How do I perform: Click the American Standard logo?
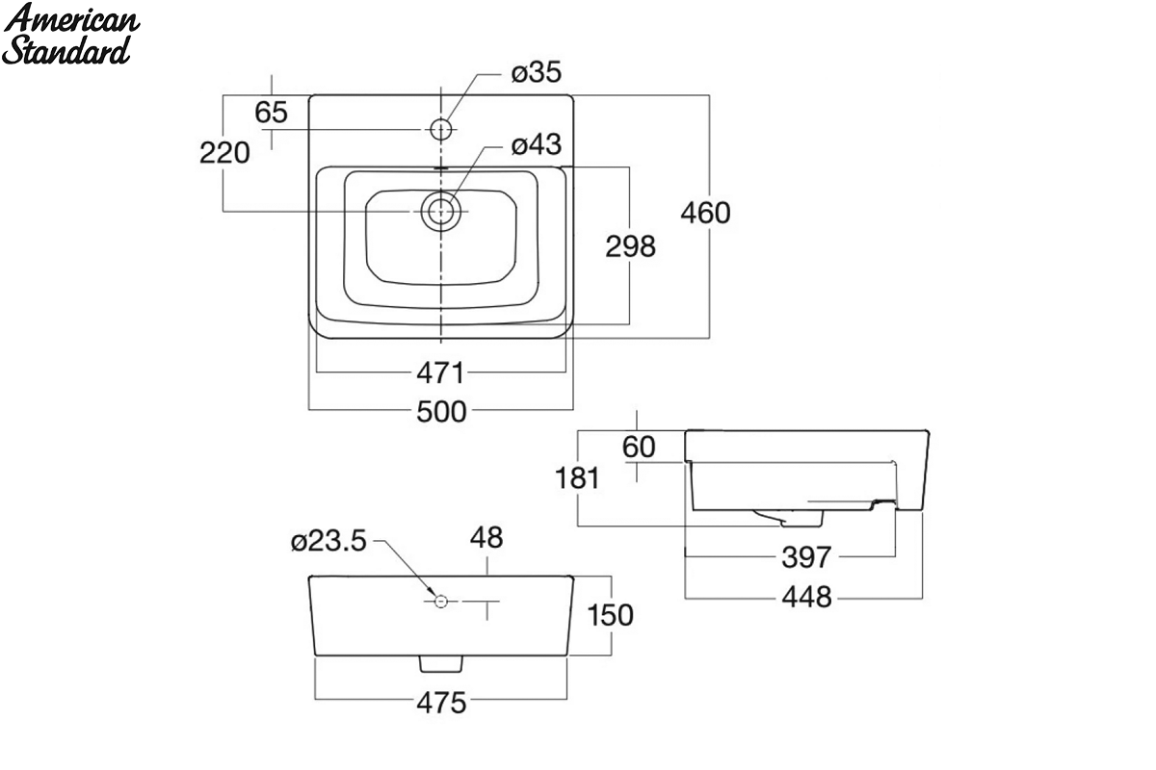(70, 34)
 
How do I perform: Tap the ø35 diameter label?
(537, 72)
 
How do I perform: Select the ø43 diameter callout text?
(537, 144)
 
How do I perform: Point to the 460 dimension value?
(705, 213)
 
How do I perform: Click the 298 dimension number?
(631, 246)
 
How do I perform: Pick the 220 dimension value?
(224, 153)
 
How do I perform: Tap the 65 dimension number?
(271, 113)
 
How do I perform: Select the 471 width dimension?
(441, 372)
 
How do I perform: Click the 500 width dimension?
(442, 412)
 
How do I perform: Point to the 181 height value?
(577, 478)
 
